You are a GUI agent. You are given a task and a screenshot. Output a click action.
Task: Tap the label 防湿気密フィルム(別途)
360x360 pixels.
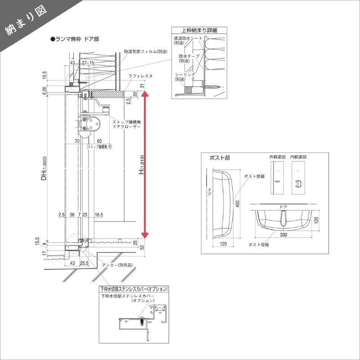[144, 52]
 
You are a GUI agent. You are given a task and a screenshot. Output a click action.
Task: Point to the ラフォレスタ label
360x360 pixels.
[140, 76]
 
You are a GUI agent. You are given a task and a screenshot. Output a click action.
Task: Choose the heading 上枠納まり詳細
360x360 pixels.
[198, 30]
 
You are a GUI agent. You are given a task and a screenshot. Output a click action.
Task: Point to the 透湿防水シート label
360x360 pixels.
[189, 39]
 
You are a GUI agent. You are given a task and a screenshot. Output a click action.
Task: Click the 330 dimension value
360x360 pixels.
[283, 235]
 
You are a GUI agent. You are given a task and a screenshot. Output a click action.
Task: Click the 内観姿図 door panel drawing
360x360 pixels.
[297, 177]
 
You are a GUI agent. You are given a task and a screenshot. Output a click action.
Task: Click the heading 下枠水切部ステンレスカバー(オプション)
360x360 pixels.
[134, 289]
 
